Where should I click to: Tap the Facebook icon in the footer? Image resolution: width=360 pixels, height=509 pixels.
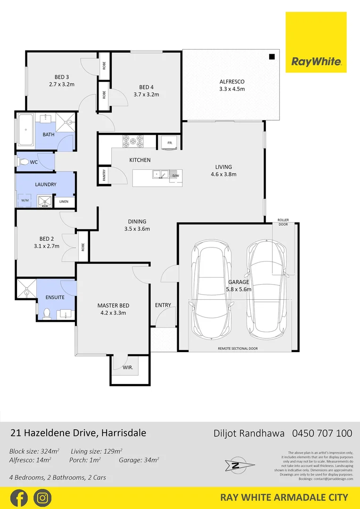[18, 498]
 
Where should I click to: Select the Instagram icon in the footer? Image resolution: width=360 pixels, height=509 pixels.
[42, 498]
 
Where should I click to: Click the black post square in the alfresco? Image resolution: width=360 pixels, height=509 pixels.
[272, 57]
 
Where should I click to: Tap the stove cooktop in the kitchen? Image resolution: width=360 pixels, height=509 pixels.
[133, 140]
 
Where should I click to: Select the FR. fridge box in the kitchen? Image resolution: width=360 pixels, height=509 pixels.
[167, 142]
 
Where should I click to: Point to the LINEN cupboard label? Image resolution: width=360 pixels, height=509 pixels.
[64, 202]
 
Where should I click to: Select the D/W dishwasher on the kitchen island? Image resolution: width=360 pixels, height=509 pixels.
[175, 175]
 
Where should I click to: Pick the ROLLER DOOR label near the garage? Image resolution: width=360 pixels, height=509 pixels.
[283, 222]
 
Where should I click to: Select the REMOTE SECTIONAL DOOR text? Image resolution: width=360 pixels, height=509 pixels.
[238, 349]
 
